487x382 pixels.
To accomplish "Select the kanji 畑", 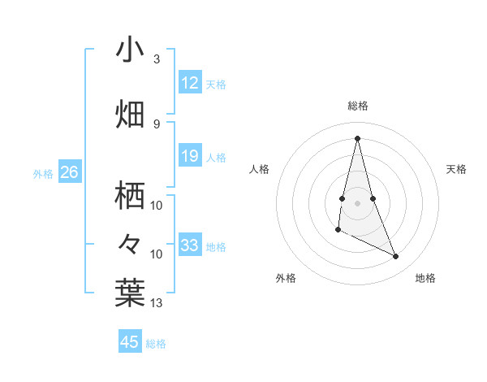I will [x=131, y=113].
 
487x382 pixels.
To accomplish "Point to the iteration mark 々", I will [x=130, y=244].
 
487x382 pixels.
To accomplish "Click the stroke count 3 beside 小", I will [x=157, y=59].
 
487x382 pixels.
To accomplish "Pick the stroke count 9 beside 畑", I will [x=157, y=124].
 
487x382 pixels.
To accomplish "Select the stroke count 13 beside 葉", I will [x=157, y=303].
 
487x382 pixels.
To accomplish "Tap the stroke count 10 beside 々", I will [x=157, y=254].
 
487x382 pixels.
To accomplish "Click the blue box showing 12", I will [x=189, y=83].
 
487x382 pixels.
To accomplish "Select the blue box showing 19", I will [x=189, y=156].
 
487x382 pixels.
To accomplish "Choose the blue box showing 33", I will [x=189, y=245].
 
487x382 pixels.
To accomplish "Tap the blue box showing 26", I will [x=69, y=172].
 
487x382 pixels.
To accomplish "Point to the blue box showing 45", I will [x=130, y=342].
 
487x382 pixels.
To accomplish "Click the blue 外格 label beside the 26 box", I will [x=42, y=173].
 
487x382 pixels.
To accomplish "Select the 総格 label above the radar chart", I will [x=358, y=106].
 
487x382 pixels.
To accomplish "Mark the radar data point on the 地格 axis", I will [x=396, y=257].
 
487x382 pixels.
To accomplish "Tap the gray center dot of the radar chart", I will [x=358, y=202].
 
